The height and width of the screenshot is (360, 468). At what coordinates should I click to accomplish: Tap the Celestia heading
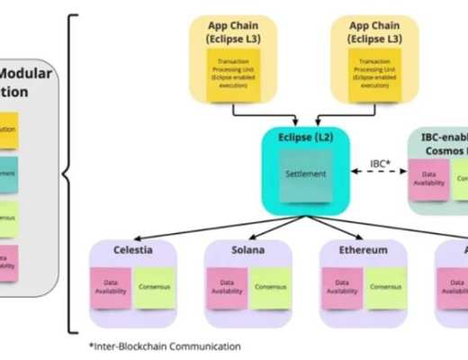pyautogui.click(x=132, y=249)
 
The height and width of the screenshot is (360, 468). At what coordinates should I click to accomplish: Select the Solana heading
pyautogui.click(x=248, y=249)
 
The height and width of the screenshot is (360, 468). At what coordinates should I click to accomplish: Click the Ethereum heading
pyautogui.click(x=364, y=249)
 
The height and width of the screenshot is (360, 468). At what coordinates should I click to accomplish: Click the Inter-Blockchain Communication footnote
pyautogui.click(x=166, y=345)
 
